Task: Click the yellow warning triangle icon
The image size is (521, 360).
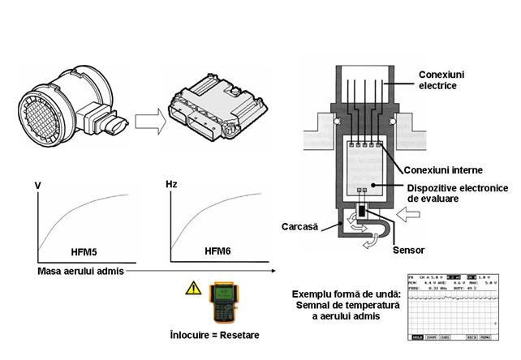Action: click(x=192, y=285)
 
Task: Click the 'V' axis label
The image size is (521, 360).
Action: click(x=38, y=186)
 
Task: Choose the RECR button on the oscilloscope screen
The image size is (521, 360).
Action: click(x=471, y=335)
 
